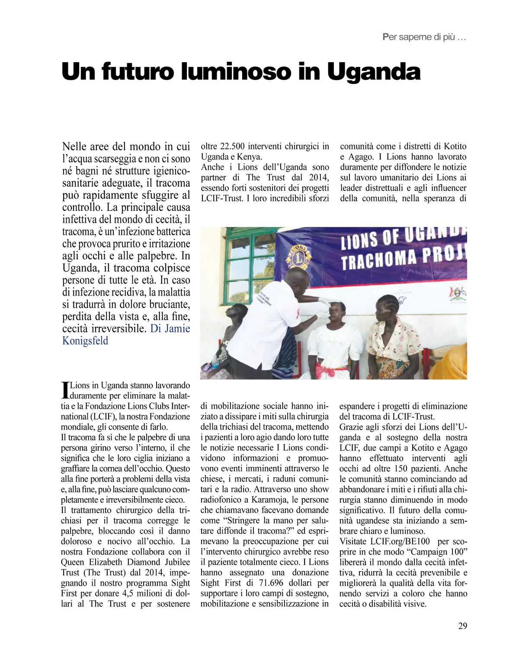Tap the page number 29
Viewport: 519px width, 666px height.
click(462, 625)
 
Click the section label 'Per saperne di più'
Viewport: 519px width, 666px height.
click(424, 37)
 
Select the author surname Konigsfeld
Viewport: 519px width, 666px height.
click(85, 341)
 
